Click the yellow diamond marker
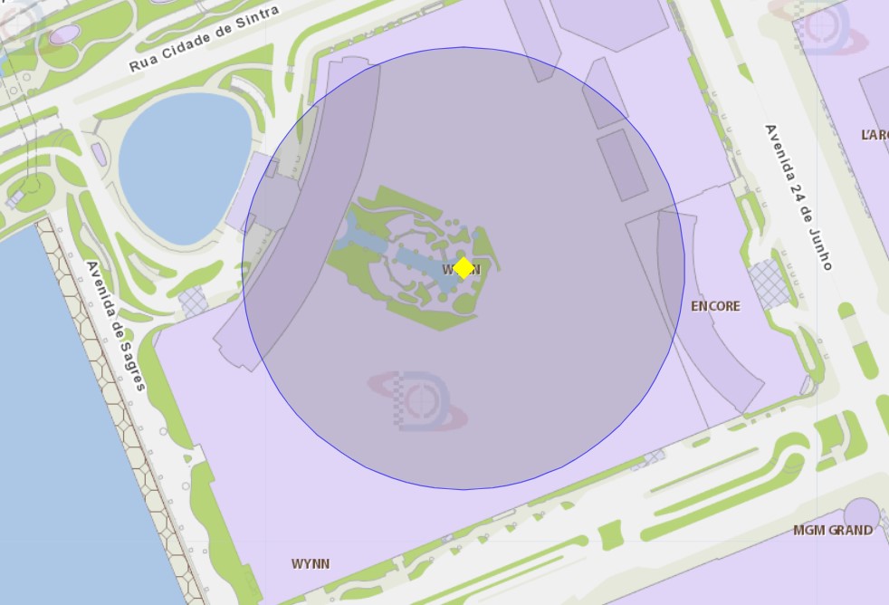pos(464,268)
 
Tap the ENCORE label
pos(715,306)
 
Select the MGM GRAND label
pos(833,530)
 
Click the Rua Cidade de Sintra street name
pos(204,39)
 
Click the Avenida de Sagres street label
pos(116,325)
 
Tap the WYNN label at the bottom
pos(311,563)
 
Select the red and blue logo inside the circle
pos(419,399)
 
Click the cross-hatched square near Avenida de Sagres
pos(193,301)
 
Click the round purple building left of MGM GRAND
pos(861,513)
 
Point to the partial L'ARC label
pos(875,134)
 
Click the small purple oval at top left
pos(65,34)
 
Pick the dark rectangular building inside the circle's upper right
pos(621,164)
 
